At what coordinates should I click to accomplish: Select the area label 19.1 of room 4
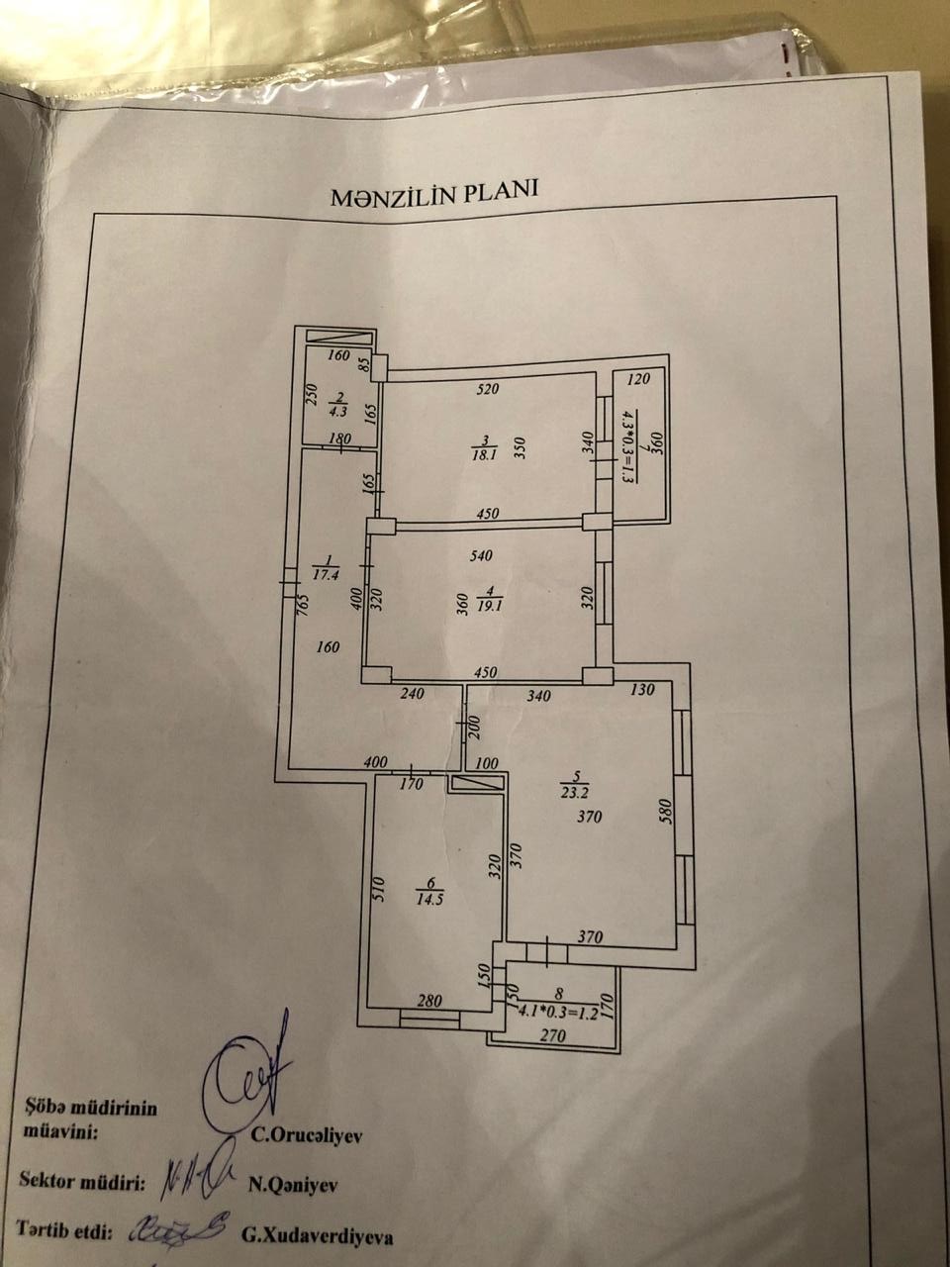tap(492, 606)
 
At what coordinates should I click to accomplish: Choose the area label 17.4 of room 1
tap(326, 575)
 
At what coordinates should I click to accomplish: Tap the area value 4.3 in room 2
tap(338, 412)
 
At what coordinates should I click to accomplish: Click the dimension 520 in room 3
tap(488, 389)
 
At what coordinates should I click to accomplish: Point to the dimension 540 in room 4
tap(481, 556)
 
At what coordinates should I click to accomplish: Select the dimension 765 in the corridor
tap(304, 606)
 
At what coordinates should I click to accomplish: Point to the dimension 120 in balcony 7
tap(638, 379)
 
